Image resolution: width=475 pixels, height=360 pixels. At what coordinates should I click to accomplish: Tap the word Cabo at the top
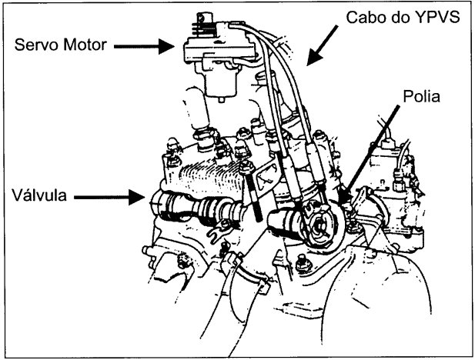(x=350, y=16)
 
